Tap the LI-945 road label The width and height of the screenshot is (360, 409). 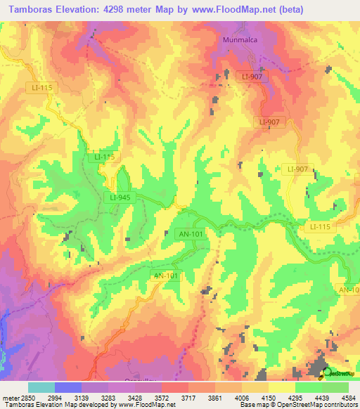tap(120, 197)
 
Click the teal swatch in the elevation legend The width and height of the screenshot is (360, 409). tap(41, 387)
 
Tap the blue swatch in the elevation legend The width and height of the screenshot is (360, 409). tap(68, 387)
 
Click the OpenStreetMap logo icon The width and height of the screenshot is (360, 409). tap(328, 372)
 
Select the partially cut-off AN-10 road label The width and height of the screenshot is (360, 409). tap(349, 290)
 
